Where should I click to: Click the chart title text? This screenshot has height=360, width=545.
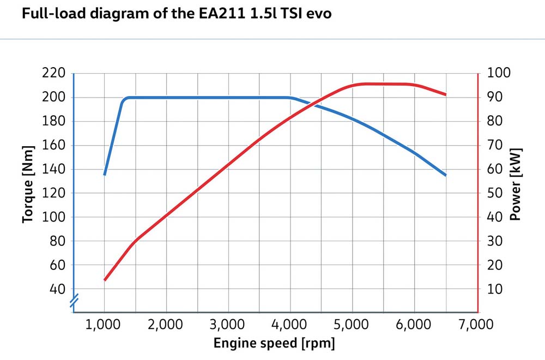coord(177,13)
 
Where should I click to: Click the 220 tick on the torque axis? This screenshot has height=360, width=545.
coord(54,73)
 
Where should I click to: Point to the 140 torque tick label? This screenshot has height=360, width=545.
coord(54,169)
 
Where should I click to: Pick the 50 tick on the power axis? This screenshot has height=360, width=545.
coord(495,193)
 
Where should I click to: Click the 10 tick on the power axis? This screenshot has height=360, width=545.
coord(495,289)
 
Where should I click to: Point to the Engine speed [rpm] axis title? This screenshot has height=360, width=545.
coord(274,344)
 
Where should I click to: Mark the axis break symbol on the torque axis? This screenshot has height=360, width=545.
coord(73,301)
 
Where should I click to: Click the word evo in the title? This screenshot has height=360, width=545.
coord(319,13)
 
